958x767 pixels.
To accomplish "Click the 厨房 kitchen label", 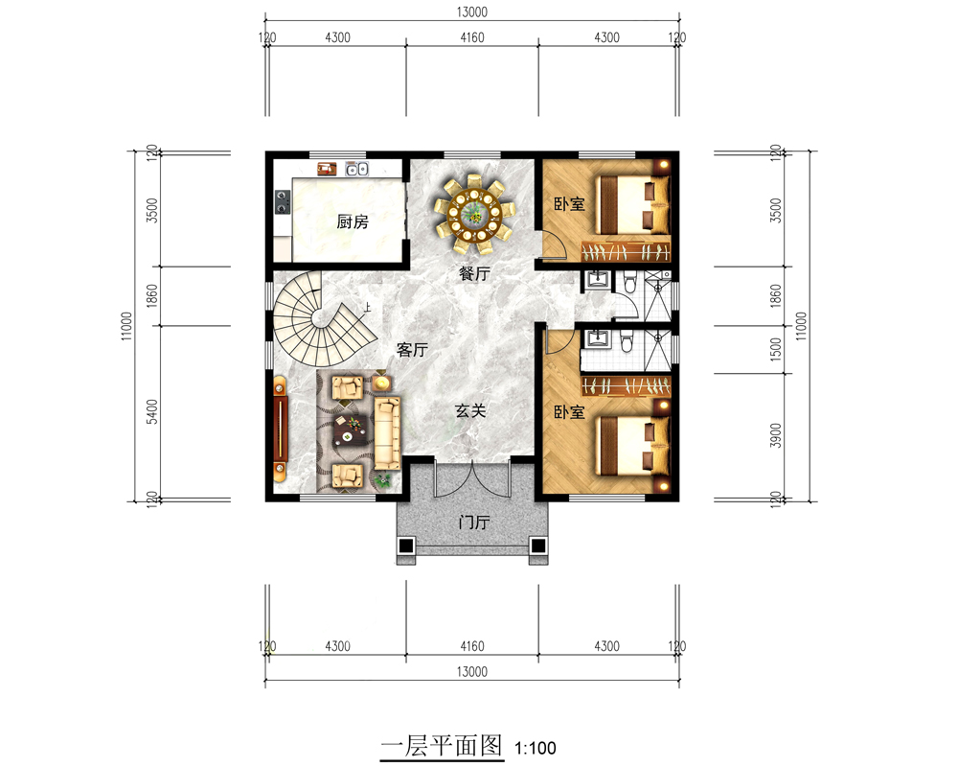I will pyautogui.click(x=352, y=222).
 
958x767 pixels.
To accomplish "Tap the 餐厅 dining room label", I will pyautogui.click(x=474, y=273).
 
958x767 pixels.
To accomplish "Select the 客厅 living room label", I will pyautogui.click(x=411, y=351).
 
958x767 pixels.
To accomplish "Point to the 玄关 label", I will pyautogui.click(x=470, y=411).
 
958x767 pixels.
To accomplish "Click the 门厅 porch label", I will pyautogui.click(x=474, y=523).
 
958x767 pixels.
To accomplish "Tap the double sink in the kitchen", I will pyautogui.click(x=357, y=170).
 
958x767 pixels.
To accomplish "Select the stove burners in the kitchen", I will pyautogui.click(x=283, y=201).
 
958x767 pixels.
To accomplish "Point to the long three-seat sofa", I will pyautogui.click(x=388, y=431).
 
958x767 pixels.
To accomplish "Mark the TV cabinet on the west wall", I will pyautogui.click(x=280, y=430).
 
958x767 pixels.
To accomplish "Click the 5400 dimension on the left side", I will pyautogui.click(x=151, y=412).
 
